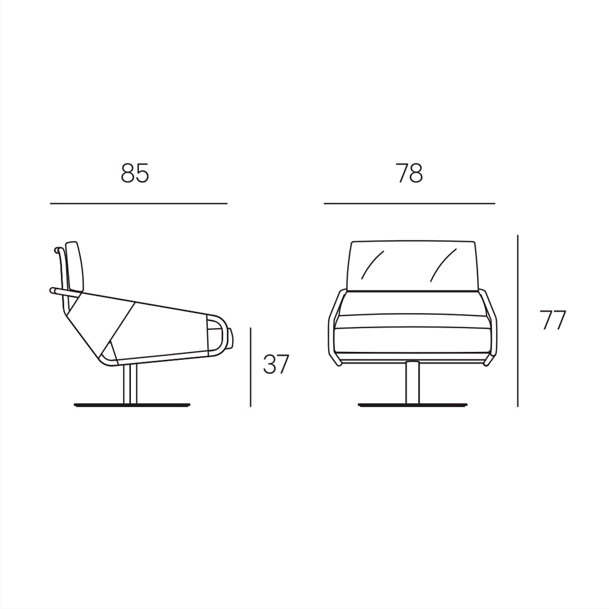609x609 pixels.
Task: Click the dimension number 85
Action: tap(135, 173)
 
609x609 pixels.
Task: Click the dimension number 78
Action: tap(409, 173)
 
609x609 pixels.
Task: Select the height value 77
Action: tap(553, 320)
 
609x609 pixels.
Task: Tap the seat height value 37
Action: tap(276, 364)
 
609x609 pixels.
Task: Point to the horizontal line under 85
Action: tap(139, 203)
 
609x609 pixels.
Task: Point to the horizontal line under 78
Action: tap(409, 203)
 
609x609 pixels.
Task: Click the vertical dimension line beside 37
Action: tap(250, 367)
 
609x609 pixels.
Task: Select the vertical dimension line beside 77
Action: tap(518, 321)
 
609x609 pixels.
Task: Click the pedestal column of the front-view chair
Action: tap(412, 383)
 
